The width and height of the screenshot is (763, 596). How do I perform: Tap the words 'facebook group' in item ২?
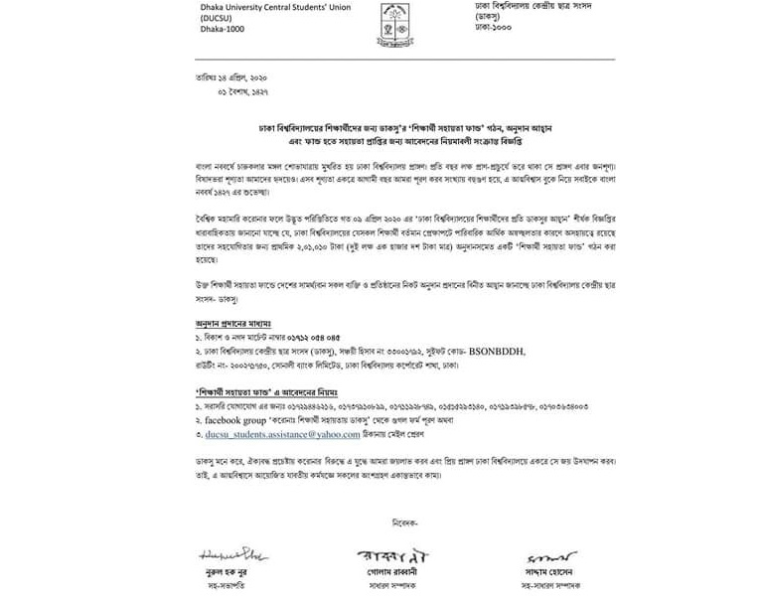click(x=237, y=421)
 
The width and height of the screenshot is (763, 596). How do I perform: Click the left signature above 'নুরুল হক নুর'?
click(x=228, y=553)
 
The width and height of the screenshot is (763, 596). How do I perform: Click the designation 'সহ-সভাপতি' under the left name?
click(x=226, y=587)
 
